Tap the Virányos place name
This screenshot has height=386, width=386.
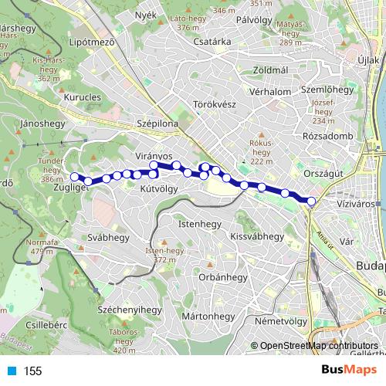152,156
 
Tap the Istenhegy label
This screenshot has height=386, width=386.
199,224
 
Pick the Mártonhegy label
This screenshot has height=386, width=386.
208,317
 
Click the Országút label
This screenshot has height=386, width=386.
324,174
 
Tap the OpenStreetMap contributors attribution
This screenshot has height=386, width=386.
318,346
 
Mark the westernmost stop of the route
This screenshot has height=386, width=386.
74,177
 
